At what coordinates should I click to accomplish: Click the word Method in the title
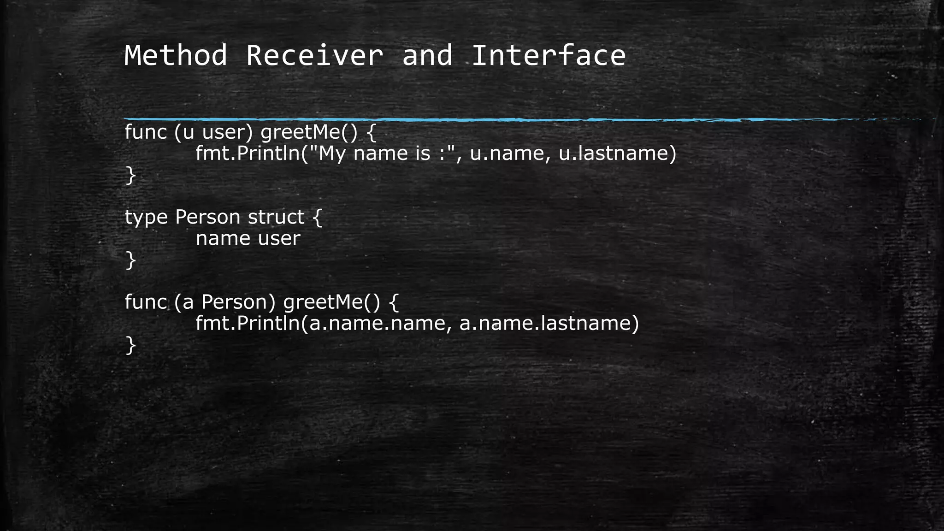coord(176,55)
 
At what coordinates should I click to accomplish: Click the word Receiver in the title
coord(314,55)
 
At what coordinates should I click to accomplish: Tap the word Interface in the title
coord(548,55)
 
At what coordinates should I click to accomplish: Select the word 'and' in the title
coord(427,55)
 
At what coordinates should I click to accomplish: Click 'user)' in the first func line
coord(228,132)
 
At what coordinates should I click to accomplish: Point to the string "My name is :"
coord(386,153)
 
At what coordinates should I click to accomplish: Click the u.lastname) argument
coord(617,153)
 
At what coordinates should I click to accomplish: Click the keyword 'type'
coord(146,218)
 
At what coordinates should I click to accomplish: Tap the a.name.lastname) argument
coord(549,323)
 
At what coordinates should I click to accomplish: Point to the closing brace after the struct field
coord(130,260)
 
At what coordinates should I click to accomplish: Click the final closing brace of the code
coord(130,345)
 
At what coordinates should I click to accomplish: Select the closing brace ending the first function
coord(130,175)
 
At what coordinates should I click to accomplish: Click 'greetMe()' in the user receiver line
coord(309,132)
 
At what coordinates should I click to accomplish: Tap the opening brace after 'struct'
coord(318,217)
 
